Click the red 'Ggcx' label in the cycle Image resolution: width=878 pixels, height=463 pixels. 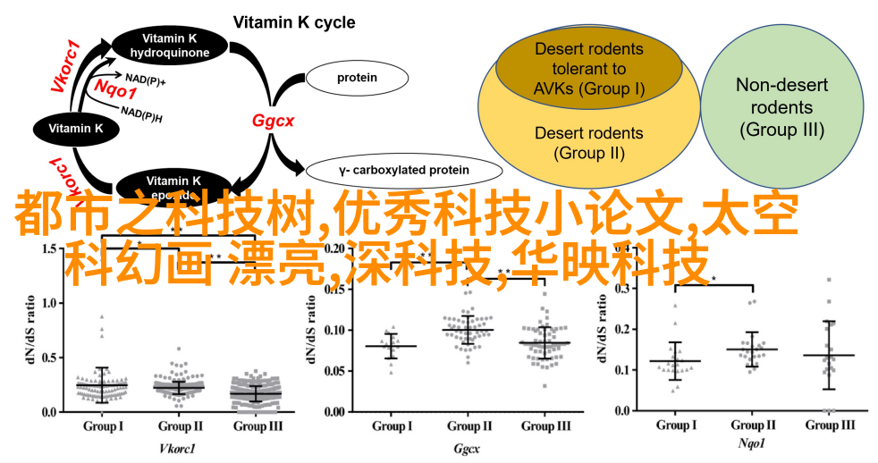tap(267, 121)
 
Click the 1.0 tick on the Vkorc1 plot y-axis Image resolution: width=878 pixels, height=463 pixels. tap(46, 304)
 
